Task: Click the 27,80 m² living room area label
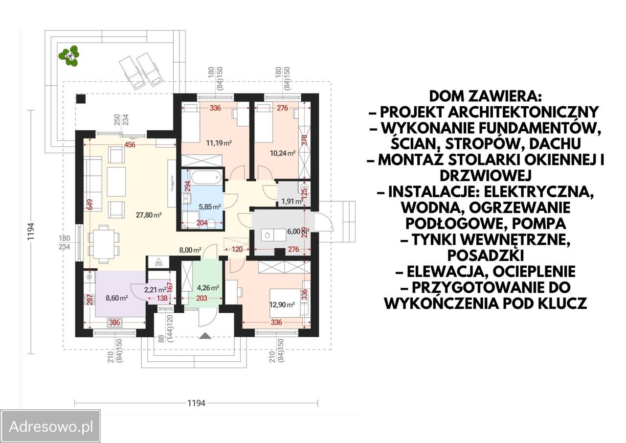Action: click(149, 215)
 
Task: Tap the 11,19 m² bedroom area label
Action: click(219, 143)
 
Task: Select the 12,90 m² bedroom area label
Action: click(282, 304)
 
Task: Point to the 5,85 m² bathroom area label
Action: click(210, 207)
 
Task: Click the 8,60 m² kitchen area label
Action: click(116, 298)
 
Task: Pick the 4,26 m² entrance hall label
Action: click(208, 287)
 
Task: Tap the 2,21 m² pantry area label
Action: click(155, 289)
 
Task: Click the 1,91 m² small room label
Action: click(292, 201)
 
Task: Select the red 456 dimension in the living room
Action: click(130, 144)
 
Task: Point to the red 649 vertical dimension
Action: click(90, 205)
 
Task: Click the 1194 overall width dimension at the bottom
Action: click(196, 403)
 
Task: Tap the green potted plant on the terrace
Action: click(69, 56)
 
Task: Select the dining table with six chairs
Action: click(104, 244)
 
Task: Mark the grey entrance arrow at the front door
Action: click(205, 336)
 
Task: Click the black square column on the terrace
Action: click(81, 99)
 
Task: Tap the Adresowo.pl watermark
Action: click(51, 427)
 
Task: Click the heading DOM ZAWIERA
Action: click(486, 96)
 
